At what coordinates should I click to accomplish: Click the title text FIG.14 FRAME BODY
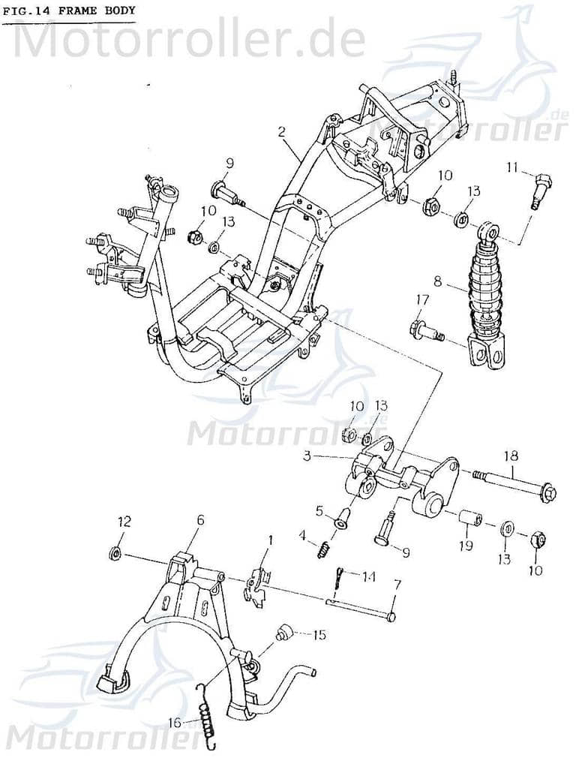[x=68, y=11]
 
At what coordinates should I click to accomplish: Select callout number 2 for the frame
[x=281, y=132]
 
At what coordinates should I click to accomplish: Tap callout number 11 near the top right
[x=511, y=167]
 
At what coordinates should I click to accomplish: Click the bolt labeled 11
[x=541, y=188]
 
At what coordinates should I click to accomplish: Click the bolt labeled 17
[x=424, y=329]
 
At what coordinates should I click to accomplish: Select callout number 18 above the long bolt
[x=511, y=455]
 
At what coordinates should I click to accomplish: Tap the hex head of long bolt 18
[x=547, y=493]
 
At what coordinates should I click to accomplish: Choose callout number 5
[x=319, y=511]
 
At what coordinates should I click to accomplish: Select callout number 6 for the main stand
[x=199, y=520]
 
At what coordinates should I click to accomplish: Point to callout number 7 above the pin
[x=397, y=584]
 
